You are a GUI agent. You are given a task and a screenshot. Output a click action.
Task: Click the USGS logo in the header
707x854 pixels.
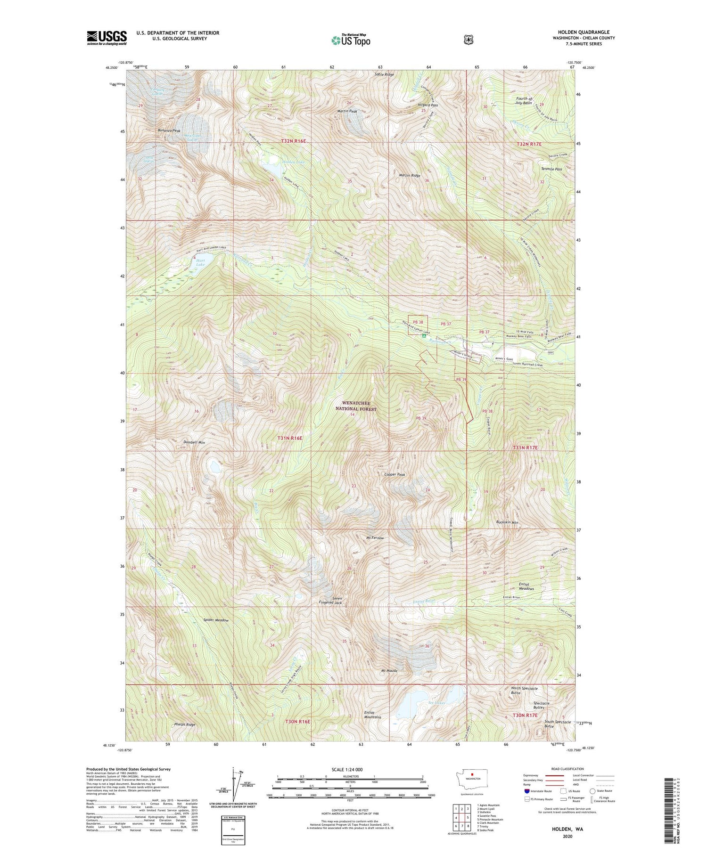pyautogui.click(x=107, y=38)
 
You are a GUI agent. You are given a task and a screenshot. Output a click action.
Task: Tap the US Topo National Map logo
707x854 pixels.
pyautogui.click(x=351, y=40)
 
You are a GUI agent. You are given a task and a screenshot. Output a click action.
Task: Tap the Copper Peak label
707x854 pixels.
pyautogui.click(x=395, y=475)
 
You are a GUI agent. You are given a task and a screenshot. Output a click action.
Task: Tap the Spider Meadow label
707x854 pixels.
pyautogui.click(x=216, y=620)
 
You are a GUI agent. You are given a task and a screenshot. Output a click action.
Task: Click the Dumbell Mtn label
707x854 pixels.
pyautogui.click(x=194, y=442)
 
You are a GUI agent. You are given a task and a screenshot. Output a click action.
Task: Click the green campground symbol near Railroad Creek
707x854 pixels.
pyautogui.click(x=424, y=336)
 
